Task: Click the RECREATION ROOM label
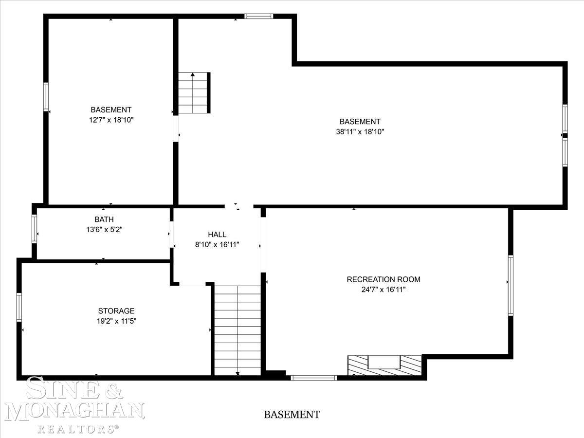coord(383,279)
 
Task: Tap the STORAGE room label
coord(116,310)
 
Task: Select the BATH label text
coord(104,219)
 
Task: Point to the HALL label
coord(217,234)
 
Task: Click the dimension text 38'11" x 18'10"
coord(360,131)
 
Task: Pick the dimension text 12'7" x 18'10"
coord(111,120)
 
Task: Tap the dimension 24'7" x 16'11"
coord(383,290)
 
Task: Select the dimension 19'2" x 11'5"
coord(116,321)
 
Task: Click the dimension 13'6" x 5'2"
coord(104,229)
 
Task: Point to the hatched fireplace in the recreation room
coord(384,365)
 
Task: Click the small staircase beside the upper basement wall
coord(194,92)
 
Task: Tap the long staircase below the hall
coord(237,330)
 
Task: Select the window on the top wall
coord(259,16)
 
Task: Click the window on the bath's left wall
coord(34,229)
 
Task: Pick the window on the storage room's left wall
coord(19,307)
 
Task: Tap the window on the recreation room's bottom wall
coord(314,378)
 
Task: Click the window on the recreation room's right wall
coord(511,285)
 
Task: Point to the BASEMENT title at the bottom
coord(292,414)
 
